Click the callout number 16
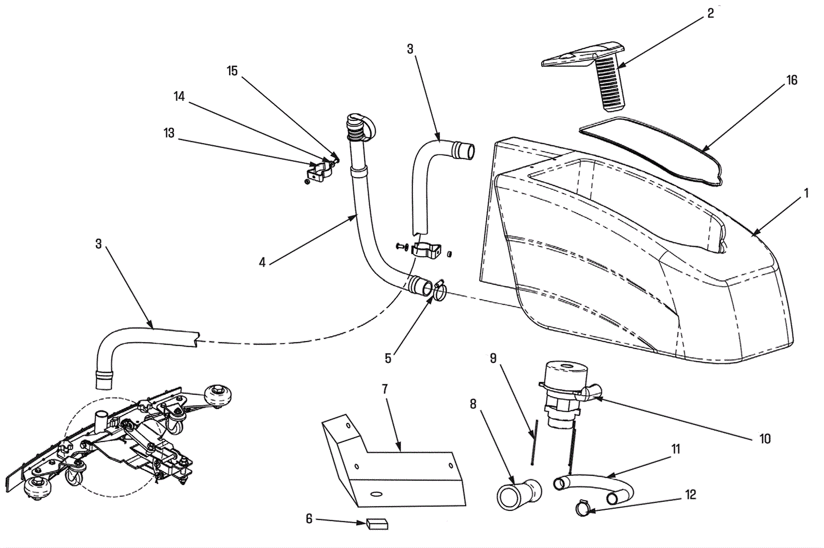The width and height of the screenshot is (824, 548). click(x=792, y=80)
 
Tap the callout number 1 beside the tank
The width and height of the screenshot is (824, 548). click(x=806, y=193)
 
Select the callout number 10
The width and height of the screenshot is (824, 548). click(x=765, y=438)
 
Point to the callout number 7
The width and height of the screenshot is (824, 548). click(x=385, y=389)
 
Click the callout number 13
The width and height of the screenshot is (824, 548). click(x=169, y=133)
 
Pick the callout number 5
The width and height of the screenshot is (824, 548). click(x=388, y=358)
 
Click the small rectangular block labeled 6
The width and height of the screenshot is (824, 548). click(x=377, y=524)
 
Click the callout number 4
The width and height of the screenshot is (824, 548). click(x=262, y=262)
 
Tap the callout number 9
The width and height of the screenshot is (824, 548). click(x=493, y=358)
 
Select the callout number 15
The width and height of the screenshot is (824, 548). click(x=232, y=71)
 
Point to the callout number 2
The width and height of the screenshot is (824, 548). click(x=711, y=14)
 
